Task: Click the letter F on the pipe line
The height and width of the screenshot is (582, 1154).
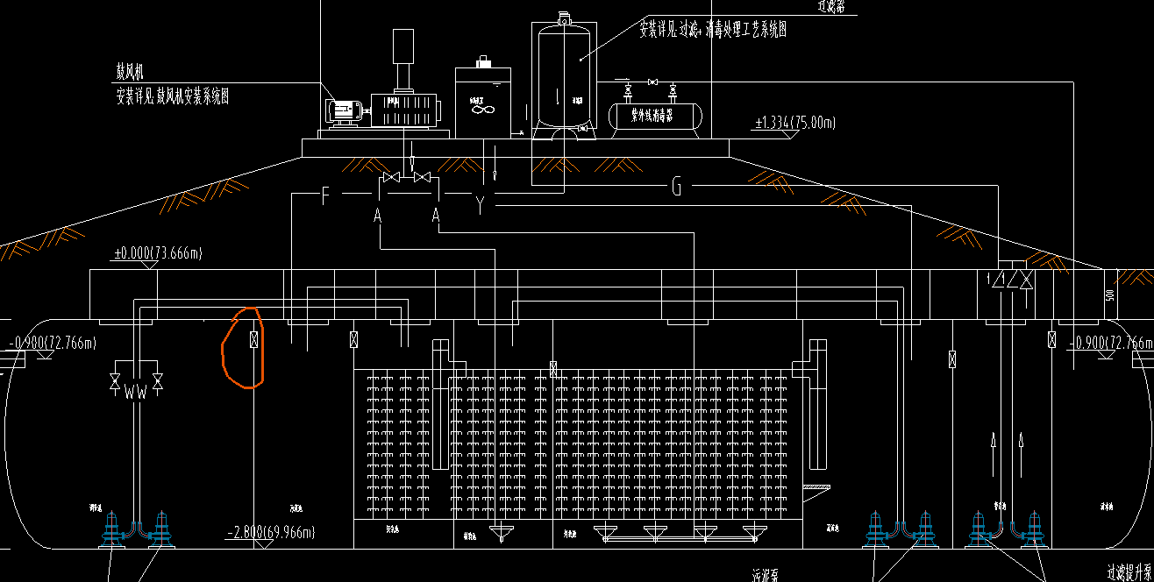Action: click(x=325, y=195)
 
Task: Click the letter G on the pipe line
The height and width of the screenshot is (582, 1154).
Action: click(x=676, y=186)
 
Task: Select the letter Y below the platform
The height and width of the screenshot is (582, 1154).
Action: click(x=480, y=206)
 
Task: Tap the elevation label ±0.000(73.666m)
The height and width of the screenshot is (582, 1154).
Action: click(x=158, y=254)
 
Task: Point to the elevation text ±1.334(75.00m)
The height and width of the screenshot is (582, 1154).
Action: click(x=794, y=123)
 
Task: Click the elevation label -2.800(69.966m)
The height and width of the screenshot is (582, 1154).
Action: click(x=270, y=532)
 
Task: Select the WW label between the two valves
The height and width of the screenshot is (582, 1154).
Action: click(x=136, y=392)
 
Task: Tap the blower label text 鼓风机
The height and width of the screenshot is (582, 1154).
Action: click(x=131, y=71)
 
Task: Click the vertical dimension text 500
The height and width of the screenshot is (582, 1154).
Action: click(x=1109, y=295)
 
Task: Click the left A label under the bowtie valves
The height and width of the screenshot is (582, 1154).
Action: click(x=378, y=215)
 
